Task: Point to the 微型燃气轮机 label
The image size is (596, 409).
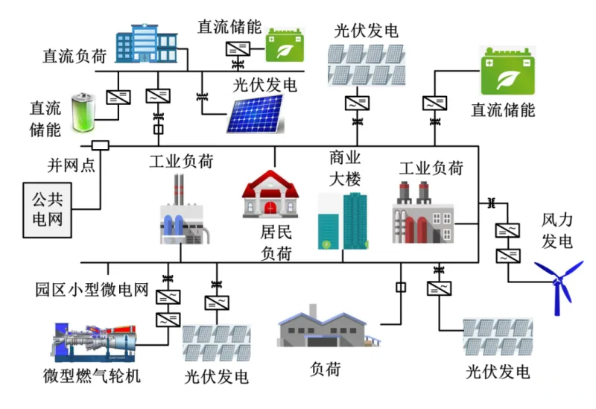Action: pos(92,375)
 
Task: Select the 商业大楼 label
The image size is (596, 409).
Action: pos(344,169)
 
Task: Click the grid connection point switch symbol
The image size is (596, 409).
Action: pos(99,145)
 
